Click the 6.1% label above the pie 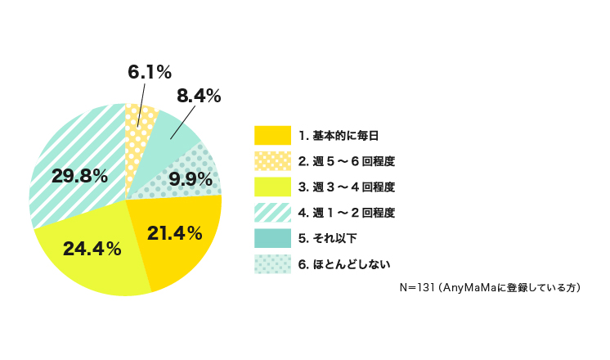point(149,72)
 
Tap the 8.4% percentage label point(199,96)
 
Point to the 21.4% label point(174,233)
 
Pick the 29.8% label point(79,175)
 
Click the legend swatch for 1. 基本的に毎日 point(272,135)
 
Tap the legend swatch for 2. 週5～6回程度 point(272,160)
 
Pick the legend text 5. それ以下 point(327,238)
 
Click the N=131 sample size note point(489,288)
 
